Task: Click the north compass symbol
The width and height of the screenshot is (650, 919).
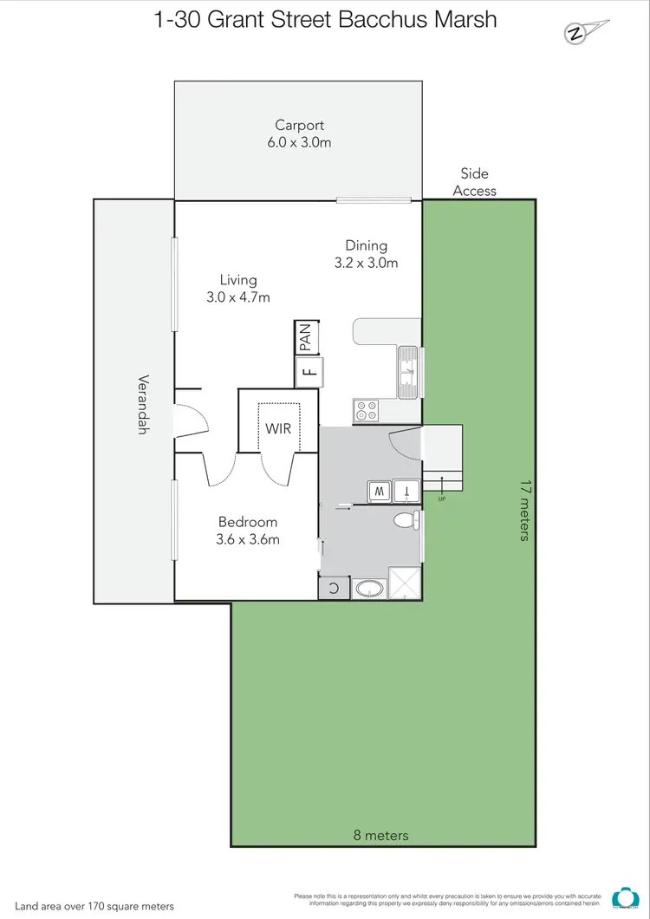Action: [x=574, y=34]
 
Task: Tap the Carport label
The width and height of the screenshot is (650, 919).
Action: [x=299, y=125]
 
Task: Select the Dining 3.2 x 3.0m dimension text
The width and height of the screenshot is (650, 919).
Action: [x=366, y=263]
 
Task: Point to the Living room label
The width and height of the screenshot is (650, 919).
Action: [x=238, y=280]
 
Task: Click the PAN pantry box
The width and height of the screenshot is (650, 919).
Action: [x=306, y=336]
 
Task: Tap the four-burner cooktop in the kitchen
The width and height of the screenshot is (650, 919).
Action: [x=367, y=411]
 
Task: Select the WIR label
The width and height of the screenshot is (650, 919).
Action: [x=278, y=428]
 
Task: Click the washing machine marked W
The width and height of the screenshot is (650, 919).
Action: [x=379, y=491]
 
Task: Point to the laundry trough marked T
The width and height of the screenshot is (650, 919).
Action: [x=407, y=491]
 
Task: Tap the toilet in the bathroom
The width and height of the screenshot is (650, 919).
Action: [x=406, y=520]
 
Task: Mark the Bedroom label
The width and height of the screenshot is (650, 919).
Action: [x=248, y=522]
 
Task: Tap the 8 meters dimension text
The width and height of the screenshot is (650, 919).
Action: [x=381, y=836]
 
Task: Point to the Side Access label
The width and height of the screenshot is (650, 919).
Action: [x=475, y=182]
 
